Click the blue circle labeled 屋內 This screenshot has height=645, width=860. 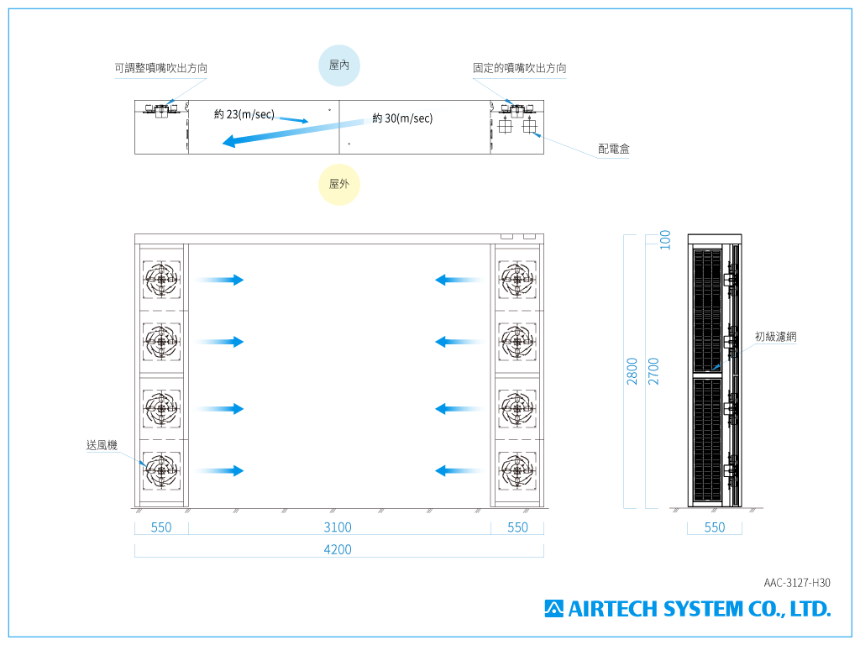pos(339,66)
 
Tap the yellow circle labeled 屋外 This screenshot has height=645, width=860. pos(339,184)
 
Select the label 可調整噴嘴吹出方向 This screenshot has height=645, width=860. pos(160,68)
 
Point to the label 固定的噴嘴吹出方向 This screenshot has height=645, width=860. pos(519,68)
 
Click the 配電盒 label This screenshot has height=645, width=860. pos(614,149)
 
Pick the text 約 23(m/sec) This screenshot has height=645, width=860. pos(244,114)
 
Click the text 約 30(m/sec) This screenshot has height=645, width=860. pos(402,118)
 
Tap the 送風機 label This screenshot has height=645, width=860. pos(102,445)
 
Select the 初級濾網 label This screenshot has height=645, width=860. pos(775,336)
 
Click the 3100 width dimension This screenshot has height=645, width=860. pos(338,527)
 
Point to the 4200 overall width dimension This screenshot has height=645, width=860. pos(338,549)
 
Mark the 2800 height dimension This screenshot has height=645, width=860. pos(632,371)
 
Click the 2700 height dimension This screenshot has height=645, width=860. pos(653,371)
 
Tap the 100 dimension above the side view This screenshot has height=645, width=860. pos(665,239)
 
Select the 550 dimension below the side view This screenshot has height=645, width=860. pos(715,527)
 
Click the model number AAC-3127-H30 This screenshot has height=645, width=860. pos(797,583)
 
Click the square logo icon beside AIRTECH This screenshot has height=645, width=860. pos(554,609)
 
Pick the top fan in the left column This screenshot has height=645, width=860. pos(161,280)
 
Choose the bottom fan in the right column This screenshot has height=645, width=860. pos(517,470)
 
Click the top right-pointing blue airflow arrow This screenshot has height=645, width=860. pos(219,280)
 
